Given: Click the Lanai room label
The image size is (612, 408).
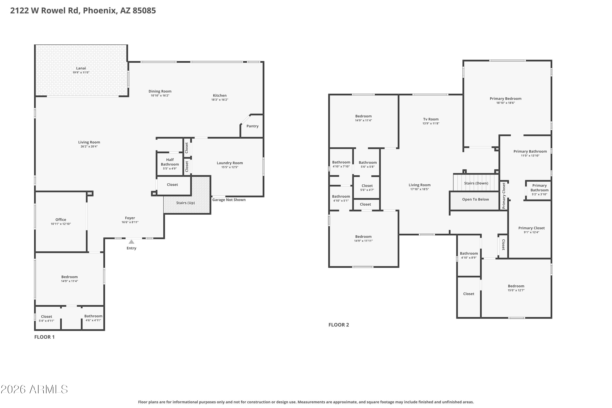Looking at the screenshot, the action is pos(81,68).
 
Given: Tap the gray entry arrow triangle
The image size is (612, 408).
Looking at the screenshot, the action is pos(131,242).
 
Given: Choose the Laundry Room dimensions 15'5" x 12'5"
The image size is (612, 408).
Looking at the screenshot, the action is pos(230,167).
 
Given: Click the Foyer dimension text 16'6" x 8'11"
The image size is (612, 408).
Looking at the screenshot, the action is pos(130,222).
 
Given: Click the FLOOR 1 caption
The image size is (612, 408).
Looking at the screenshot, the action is pos(44,337).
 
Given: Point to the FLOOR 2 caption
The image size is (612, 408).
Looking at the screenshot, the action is pos(339,325).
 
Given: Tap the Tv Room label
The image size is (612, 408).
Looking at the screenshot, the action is pos(431,119).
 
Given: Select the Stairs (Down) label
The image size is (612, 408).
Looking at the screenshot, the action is pos(476,183).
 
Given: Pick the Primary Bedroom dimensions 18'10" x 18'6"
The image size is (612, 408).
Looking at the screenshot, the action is pos(506,103).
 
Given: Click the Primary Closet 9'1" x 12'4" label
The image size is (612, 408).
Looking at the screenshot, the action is pos(532,230).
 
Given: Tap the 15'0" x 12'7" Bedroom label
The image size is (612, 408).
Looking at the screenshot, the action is pos(516,288).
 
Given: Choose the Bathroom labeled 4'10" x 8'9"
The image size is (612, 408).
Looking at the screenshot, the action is pos(469,255).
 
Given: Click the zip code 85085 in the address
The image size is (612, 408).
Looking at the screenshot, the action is pos(144,10).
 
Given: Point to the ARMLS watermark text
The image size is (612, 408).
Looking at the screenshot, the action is pos(34,389).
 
